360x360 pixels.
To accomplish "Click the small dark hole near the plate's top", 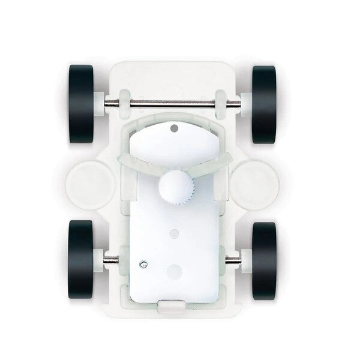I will point(175,128).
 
